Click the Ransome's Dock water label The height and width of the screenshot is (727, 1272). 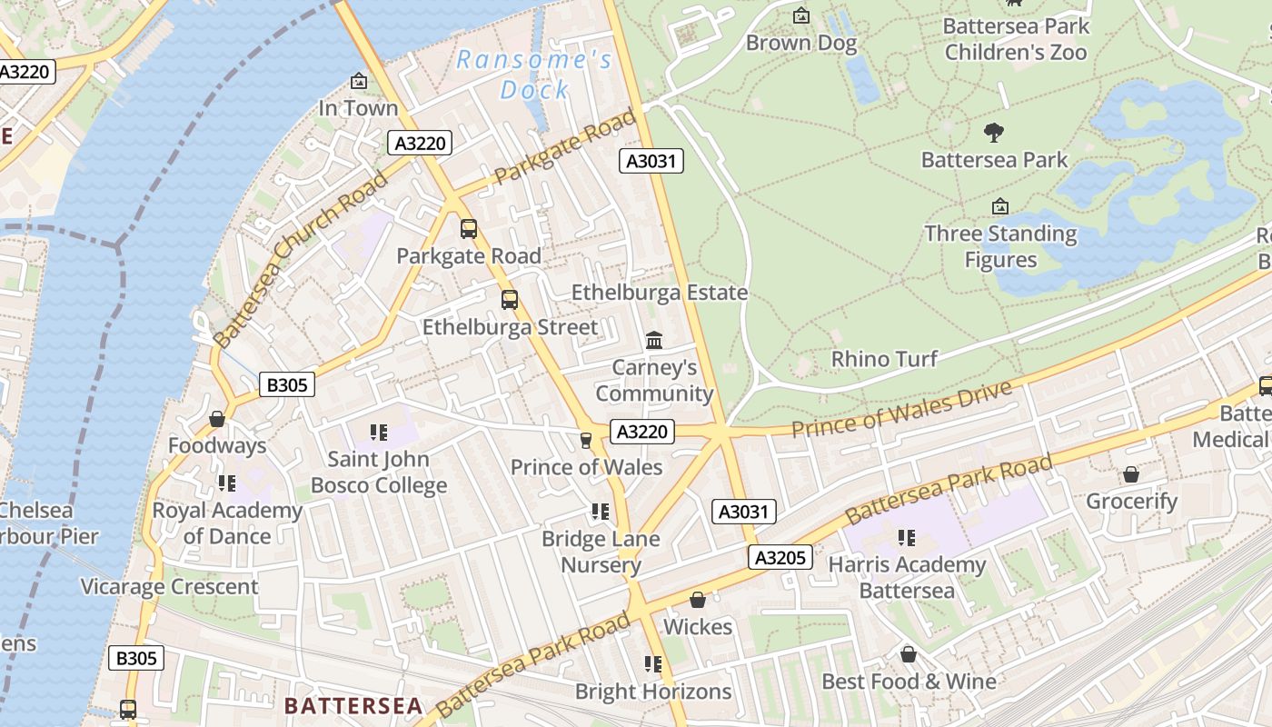click(x=533, y=75)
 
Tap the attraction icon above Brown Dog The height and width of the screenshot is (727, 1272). click(x=801, y=15)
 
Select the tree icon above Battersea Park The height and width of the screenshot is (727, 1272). click(x=994, y=133)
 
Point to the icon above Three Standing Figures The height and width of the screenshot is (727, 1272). click(x=1000, y=207)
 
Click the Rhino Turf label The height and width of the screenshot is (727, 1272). click(x=884, y=359)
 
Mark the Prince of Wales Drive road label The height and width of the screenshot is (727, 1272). click(x=900, y=408)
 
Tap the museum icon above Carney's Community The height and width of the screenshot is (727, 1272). click(x=653, y=341)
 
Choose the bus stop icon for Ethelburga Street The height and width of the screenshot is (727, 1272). click(x=510, y=299)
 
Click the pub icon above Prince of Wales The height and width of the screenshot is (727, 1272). click(x=586, y=441)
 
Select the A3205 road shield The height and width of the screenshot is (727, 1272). click(x=780, y=557)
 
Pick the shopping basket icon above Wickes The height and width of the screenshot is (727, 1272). click(x=698, y=600)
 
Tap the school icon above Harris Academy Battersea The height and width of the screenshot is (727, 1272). click(x=906, y=538)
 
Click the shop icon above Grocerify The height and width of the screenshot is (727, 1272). click(x=1131, y=474)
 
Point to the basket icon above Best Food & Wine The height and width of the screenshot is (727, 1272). click(x=908, y=654)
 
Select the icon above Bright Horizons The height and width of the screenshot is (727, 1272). click(x=653, y=664)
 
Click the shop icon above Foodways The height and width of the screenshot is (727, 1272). click(x=217, y=419)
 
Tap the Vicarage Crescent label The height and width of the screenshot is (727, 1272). click(x=169, y=587)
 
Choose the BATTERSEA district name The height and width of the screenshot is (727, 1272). click(x=353, y=706)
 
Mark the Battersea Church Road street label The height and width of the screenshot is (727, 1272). click(x=300, y=259)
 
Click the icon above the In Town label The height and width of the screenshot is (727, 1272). click(x=359, y=82)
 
